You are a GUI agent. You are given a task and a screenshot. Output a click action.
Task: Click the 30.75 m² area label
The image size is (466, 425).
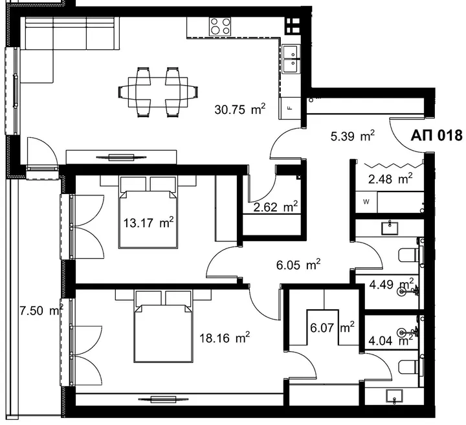[239, 109]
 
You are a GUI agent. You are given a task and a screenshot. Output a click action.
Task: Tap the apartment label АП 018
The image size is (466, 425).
[437, 135]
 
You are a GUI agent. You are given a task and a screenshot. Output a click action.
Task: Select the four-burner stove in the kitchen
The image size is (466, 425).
[220, 26]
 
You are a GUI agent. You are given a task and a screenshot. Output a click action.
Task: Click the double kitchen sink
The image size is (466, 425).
[291, 59]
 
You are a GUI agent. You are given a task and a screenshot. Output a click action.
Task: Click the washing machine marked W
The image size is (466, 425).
[366, 202]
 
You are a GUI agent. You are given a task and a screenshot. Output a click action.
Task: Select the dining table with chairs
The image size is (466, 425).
[158, 92]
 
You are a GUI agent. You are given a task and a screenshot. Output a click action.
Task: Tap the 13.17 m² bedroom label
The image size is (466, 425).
[148, 222]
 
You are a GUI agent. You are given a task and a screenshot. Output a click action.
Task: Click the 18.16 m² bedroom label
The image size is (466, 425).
[225, 338]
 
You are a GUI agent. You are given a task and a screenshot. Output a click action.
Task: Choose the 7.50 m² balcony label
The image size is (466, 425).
[41, 311]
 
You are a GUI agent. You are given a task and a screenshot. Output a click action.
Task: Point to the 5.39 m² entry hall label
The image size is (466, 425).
[353, 136]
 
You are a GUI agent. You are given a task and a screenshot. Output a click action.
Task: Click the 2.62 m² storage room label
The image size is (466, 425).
[276, 207]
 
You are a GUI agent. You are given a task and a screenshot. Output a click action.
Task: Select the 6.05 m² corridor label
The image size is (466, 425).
[298, 265]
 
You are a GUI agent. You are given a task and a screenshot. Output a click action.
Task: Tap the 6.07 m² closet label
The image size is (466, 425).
[332, 327]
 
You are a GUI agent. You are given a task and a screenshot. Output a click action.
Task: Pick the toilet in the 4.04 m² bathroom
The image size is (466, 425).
[410, 367]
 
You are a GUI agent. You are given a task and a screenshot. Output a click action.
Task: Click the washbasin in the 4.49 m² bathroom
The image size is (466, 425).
[390, 228]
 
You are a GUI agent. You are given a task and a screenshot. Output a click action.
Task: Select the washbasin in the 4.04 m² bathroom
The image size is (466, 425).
[394, 396]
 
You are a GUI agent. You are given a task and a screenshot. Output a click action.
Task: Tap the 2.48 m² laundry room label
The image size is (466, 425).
[390, 179]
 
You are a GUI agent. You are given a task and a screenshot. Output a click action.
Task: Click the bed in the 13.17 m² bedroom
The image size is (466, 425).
[148, 212]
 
